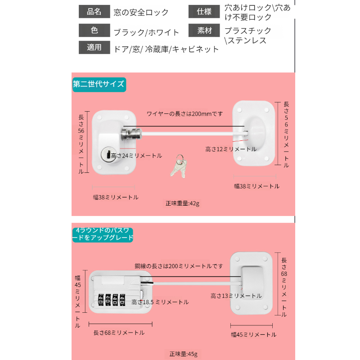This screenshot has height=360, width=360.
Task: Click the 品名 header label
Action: [x=94, y=12]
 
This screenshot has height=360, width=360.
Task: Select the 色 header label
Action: [x=94, y=31]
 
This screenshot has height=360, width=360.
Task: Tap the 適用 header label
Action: [x=94, y=48]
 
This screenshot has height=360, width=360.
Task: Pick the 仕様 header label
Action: [x=204, y=12]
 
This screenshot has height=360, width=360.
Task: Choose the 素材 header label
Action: [x=204, y=31]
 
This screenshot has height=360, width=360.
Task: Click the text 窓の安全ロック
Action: [x=141, y=12]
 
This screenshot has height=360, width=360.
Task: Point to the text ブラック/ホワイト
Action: [x=146, y=32]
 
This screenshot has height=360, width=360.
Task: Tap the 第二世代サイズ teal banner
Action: [x=99, y=84]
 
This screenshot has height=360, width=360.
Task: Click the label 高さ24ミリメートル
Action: [x=136, y=156]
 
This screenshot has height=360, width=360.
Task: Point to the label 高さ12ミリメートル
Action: [x=231, y=149]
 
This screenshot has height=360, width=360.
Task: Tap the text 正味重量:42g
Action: [x=182, y=203]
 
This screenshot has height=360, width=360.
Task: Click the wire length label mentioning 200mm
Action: [x=184, y=114]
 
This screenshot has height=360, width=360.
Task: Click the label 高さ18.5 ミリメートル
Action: [x=160, y=302]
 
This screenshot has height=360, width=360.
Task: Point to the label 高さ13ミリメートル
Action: [x=236, y=296]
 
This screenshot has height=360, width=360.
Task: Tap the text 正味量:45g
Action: [x=183, y=353]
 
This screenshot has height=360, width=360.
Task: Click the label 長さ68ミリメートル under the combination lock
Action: [x=119, y=333]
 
